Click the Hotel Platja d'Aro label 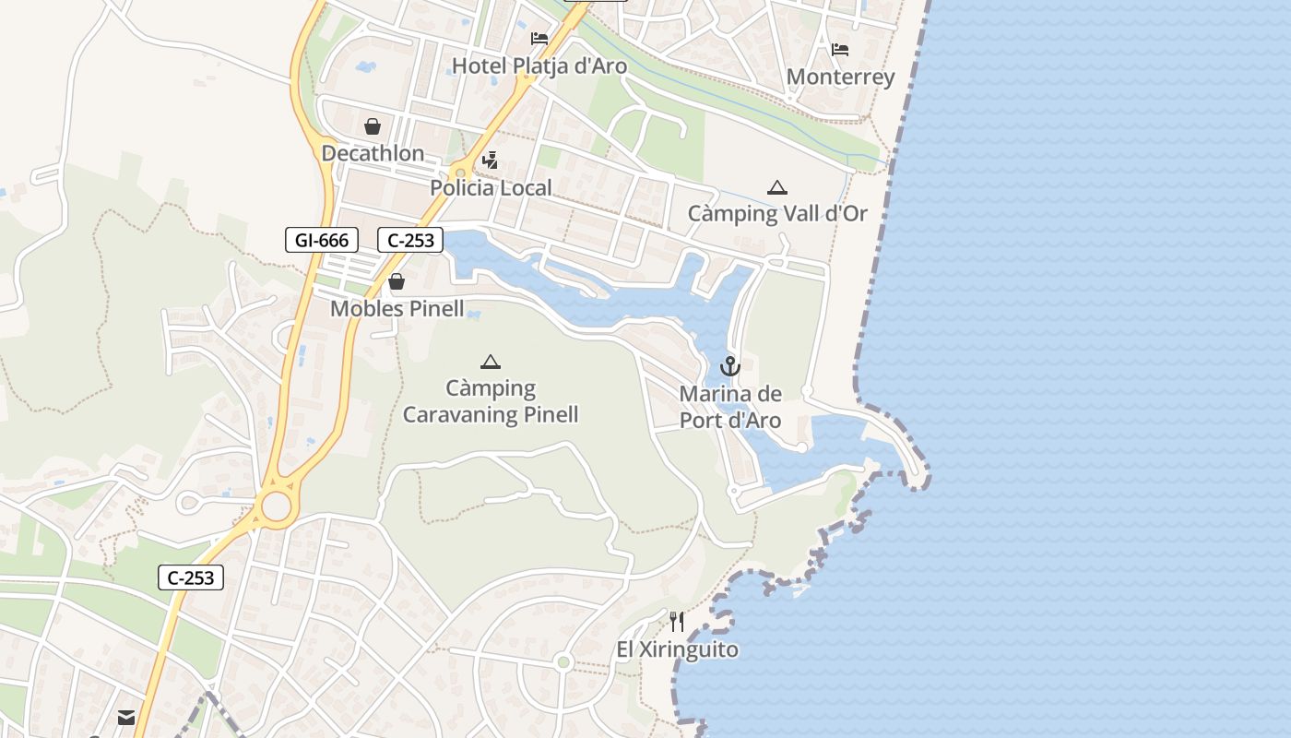click(539, 66)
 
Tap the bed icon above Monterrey click(839, 50)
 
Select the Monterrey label click(840, 77)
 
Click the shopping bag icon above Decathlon click(373, 126)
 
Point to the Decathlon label click(373, 153)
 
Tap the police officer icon click(490, 161)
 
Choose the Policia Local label click(491, 188)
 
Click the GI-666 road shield click(322, 241)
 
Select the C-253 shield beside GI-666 click(410, 241)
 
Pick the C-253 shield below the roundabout click(191, 578)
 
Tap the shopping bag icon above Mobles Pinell click(397, 281)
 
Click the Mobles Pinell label click(397, 308)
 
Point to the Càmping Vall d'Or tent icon click(777, 188)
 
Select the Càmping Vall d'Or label click(777, 214)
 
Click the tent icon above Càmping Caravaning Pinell click(491, 362)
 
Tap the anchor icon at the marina click(730, 366)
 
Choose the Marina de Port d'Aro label click(730, 408)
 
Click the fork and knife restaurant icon click(678, 622)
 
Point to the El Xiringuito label click(678, 649)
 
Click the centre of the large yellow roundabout click(276, 506)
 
